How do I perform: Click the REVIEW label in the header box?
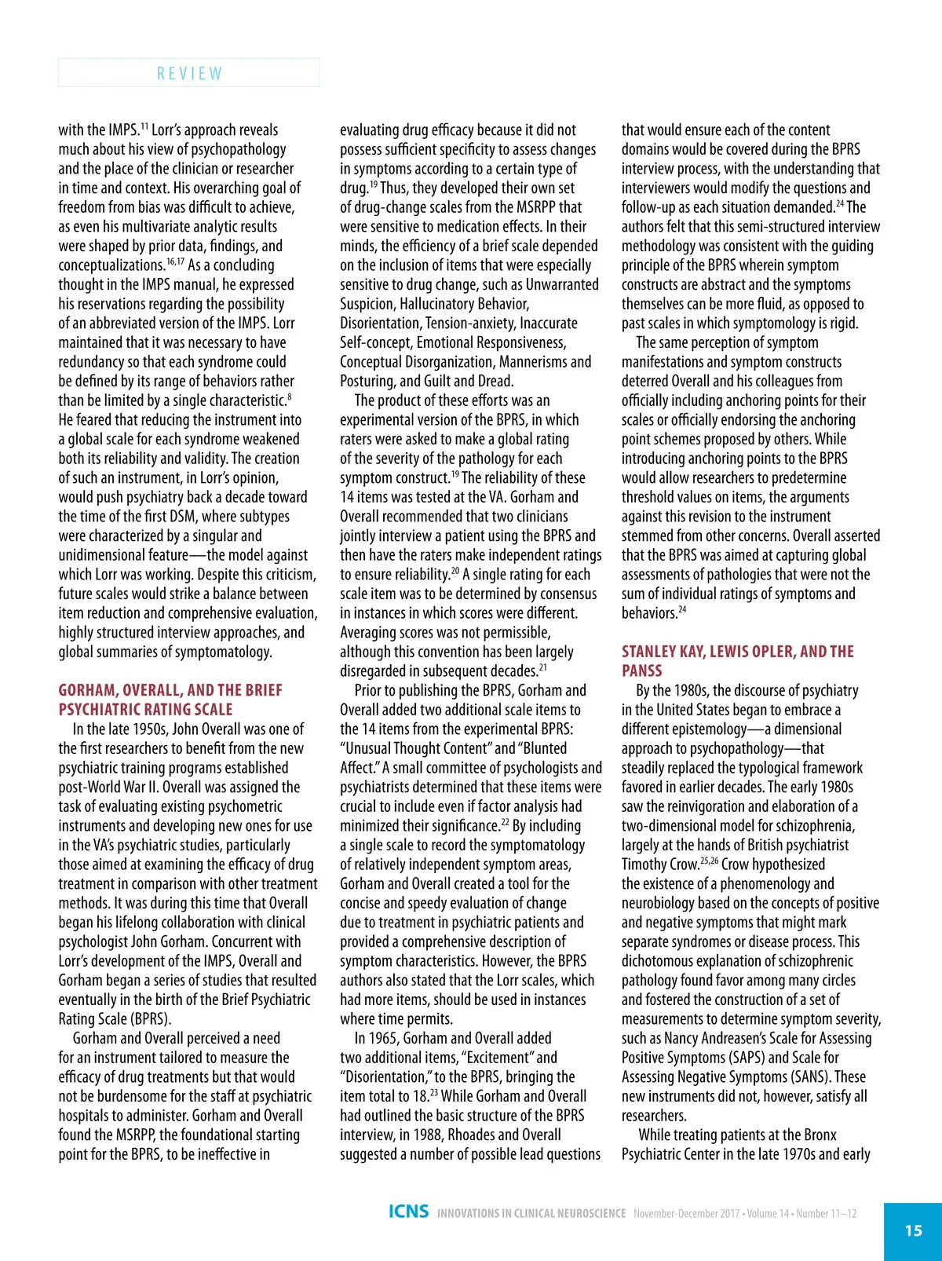pos(189,73)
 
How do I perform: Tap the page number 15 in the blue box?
pos(913,1230)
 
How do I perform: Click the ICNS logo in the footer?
pos(408,1212)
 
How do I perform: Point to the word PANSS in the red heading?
pos(642,671)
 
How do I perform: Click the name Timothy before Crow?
pos(646,864)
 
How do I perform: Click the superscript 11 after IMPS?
pos(144,126)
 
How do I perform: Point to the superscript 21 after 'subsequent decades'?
pos(543,667)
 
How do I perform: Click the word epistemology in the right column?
pos(712,729)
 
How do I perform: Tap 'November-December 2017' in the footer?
pos(686,1213)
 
